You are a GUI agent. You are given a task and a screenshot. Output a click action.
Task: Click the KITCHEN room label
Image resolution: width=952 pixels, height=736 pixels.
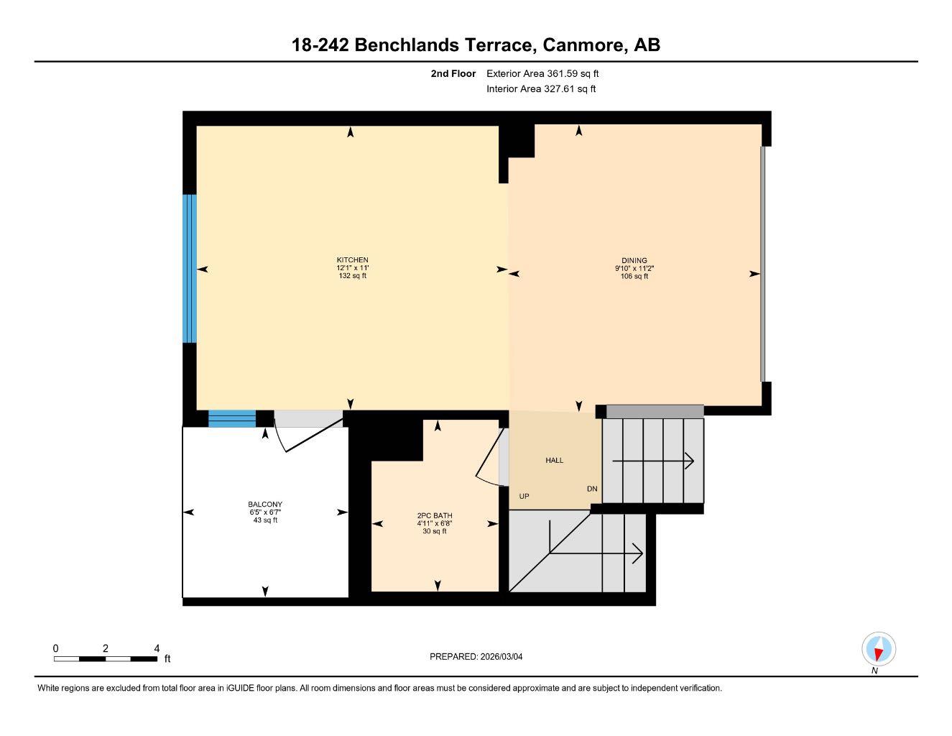[352, 260]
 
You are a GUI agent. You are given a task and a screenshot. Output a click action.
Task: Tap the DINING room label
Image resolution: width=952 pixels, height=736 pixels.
[634, 261]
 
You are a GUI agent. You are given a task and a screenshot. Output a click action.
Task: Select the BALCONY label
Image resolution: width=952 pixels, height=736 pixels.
[265, 505]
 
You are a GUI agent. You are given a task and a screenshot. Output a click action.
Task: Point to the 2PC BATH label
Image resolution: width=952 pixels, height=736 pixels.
[435, 515]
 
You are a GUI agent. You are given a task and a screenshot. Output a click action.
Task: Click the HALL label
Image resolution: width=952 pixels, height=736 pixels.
[555, 460]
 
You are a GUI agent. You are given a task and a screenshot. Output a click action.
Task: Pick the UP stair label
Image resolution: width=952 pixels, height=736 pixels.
[524, 496]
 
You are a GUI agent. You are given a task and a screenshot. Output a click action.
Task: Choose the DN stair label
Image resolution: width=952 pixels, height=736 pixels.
[592, 489]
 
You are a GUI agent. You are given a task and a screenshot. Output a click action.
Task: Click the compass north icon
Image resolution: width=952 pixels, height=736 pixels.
[878, 650]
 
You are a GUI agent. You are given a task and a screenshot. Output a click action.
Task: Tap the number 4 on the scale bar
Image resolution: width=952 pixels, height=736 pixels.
[157, 648]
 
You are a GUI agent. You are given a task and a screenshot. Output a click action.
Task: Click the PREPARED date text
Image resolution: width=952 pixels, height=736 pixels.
[481, 656]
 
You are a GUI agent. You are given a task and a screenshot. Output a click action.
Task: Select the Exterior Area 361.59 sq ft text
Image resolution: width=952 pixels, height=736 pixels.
[542, 73]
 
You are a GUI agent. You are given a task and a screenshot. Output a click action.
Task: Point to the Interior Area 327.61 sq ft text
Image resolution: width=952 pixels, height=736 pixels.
[541, 89]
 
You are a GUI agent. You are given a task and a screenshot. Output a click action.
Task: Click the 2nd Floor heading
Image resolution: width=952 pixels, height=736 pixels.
[453, 73]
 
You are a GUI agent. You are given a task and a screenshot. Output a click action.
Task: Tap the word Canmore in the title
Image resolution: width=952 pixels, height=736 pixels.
[583, 45]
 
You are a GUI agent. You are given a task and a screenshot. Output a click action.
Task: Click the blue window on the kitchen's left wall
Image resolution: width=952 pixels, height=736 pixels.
[190, 269]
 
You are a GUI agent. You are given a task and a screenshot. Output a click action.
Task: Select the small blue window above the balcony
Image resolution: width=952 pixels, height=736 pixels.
[232, 418]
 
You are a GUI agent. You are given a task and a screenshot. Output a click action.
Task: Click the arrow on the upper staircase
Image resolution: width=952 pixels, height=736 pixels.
[654, 461]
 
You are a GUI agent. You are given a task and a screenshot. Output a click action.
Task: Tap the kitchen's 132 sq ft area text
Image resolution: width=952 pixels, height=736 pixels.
[352, 276]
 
